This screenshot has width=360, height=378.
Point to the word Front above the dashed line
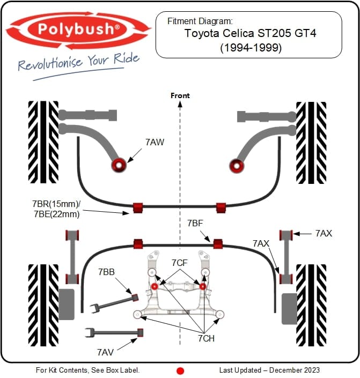click(x=180, y=95)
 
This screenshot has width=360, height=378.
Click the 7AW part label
click(x=155, y=142)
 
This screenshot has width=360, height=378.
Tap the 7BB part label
click(x=106, y=272)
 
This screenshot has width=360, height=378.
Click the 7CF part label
click(x=179, y=263)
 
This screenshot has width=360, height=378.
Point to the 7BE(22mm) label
click(x=56, y=214)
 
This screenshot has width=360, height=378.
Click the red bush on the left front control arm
click(x=118, y=165)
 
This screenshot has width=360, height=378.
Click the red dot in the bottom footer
click(x=180, y=370)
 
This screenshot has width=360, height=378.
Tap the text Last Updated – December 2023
click(x=269, y=370)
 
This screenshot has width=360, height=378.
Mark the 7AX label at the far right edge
click(x=324, y=233)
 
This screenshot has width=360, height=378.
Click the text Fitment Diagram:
click(x=200, y=21)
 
